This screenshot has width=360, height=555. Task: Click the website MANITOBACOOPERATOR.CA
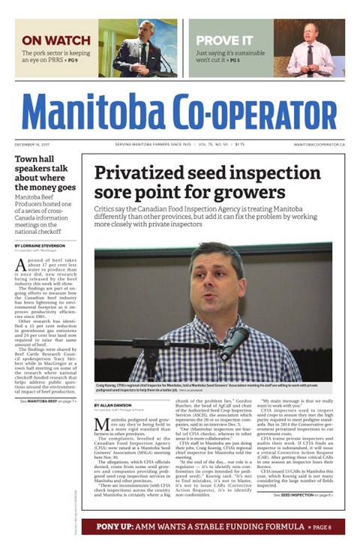tap(319, 144)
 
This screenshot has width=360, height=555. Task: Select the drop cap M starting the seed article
tap(101, 424)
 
